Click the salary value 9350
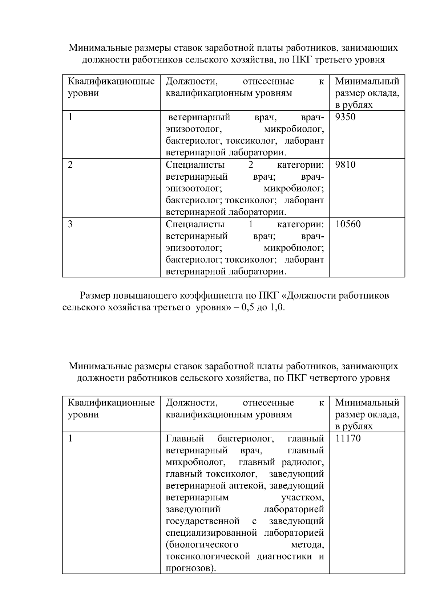[x=345, y=117]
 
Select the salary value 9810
[x=345, y=165]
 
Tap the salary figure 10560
[x=348, y=224]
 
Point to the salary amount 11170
[x=348, y=439]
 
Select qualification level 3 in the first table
[x=70, y=224]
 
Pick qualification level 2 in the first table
[x=70, y=165]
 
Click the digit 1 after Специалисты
[x=251, y=224]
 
